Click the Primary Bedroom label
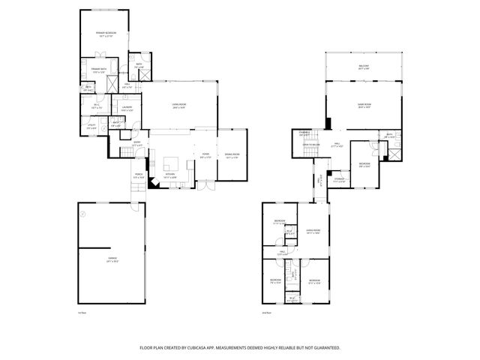(x=104, y=34)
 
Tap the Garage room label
(x=112, y=258)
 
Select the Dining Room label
(x=231, y=154)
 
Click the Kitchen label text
(x=171, y=175)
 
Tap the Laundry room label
(x=127, y=107)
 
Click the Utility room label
(x=91, y=127)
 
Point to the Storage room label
(x=339, y=179)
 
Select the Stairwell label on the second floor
(x=304, y=133)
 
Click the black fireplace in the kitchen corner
(x=153, y=182)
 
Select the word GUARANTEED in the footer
(x=323, y=348)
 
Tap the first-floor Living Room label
(x=178, y=106)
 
